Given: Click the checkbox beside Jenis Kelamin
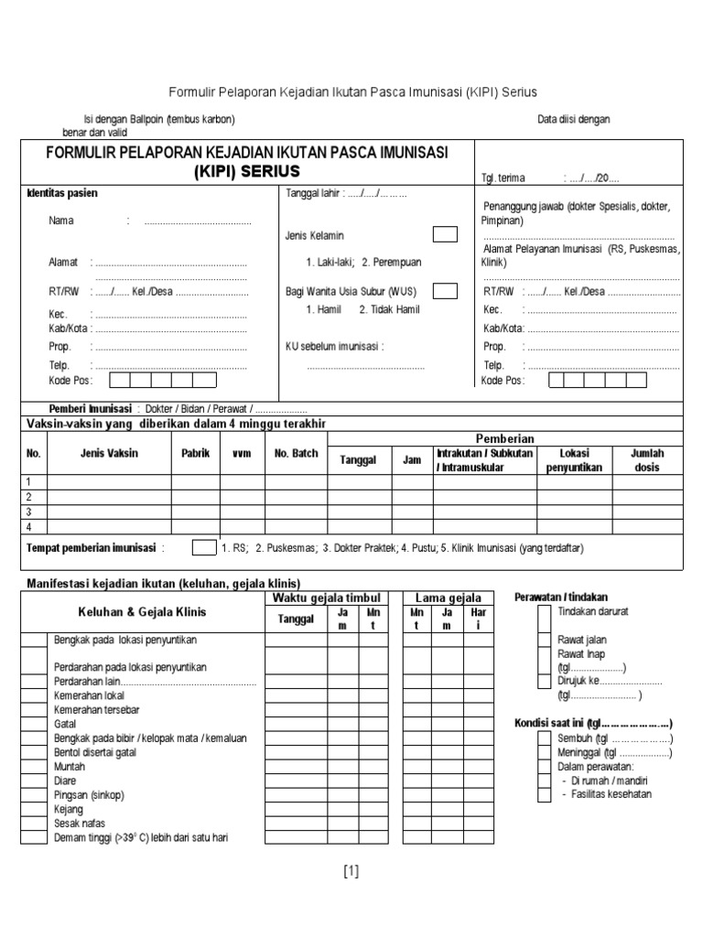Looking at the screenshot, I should (445, 234).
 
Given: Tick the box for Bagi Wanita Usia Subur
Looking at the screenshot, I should (445, 291).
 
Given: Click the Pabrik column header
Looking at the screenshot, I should (195, 453).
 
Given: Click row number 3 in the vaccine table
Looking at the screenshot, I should (29, 512).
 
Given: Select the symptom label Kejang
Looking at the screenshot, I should (69, 809).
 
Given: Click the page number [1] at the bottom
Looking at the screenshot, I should (351, 871).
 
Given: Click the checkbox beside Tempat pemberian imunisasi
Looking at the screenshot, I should (203, 548).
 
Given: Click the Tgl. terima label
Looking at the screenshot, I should (502, 179).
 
